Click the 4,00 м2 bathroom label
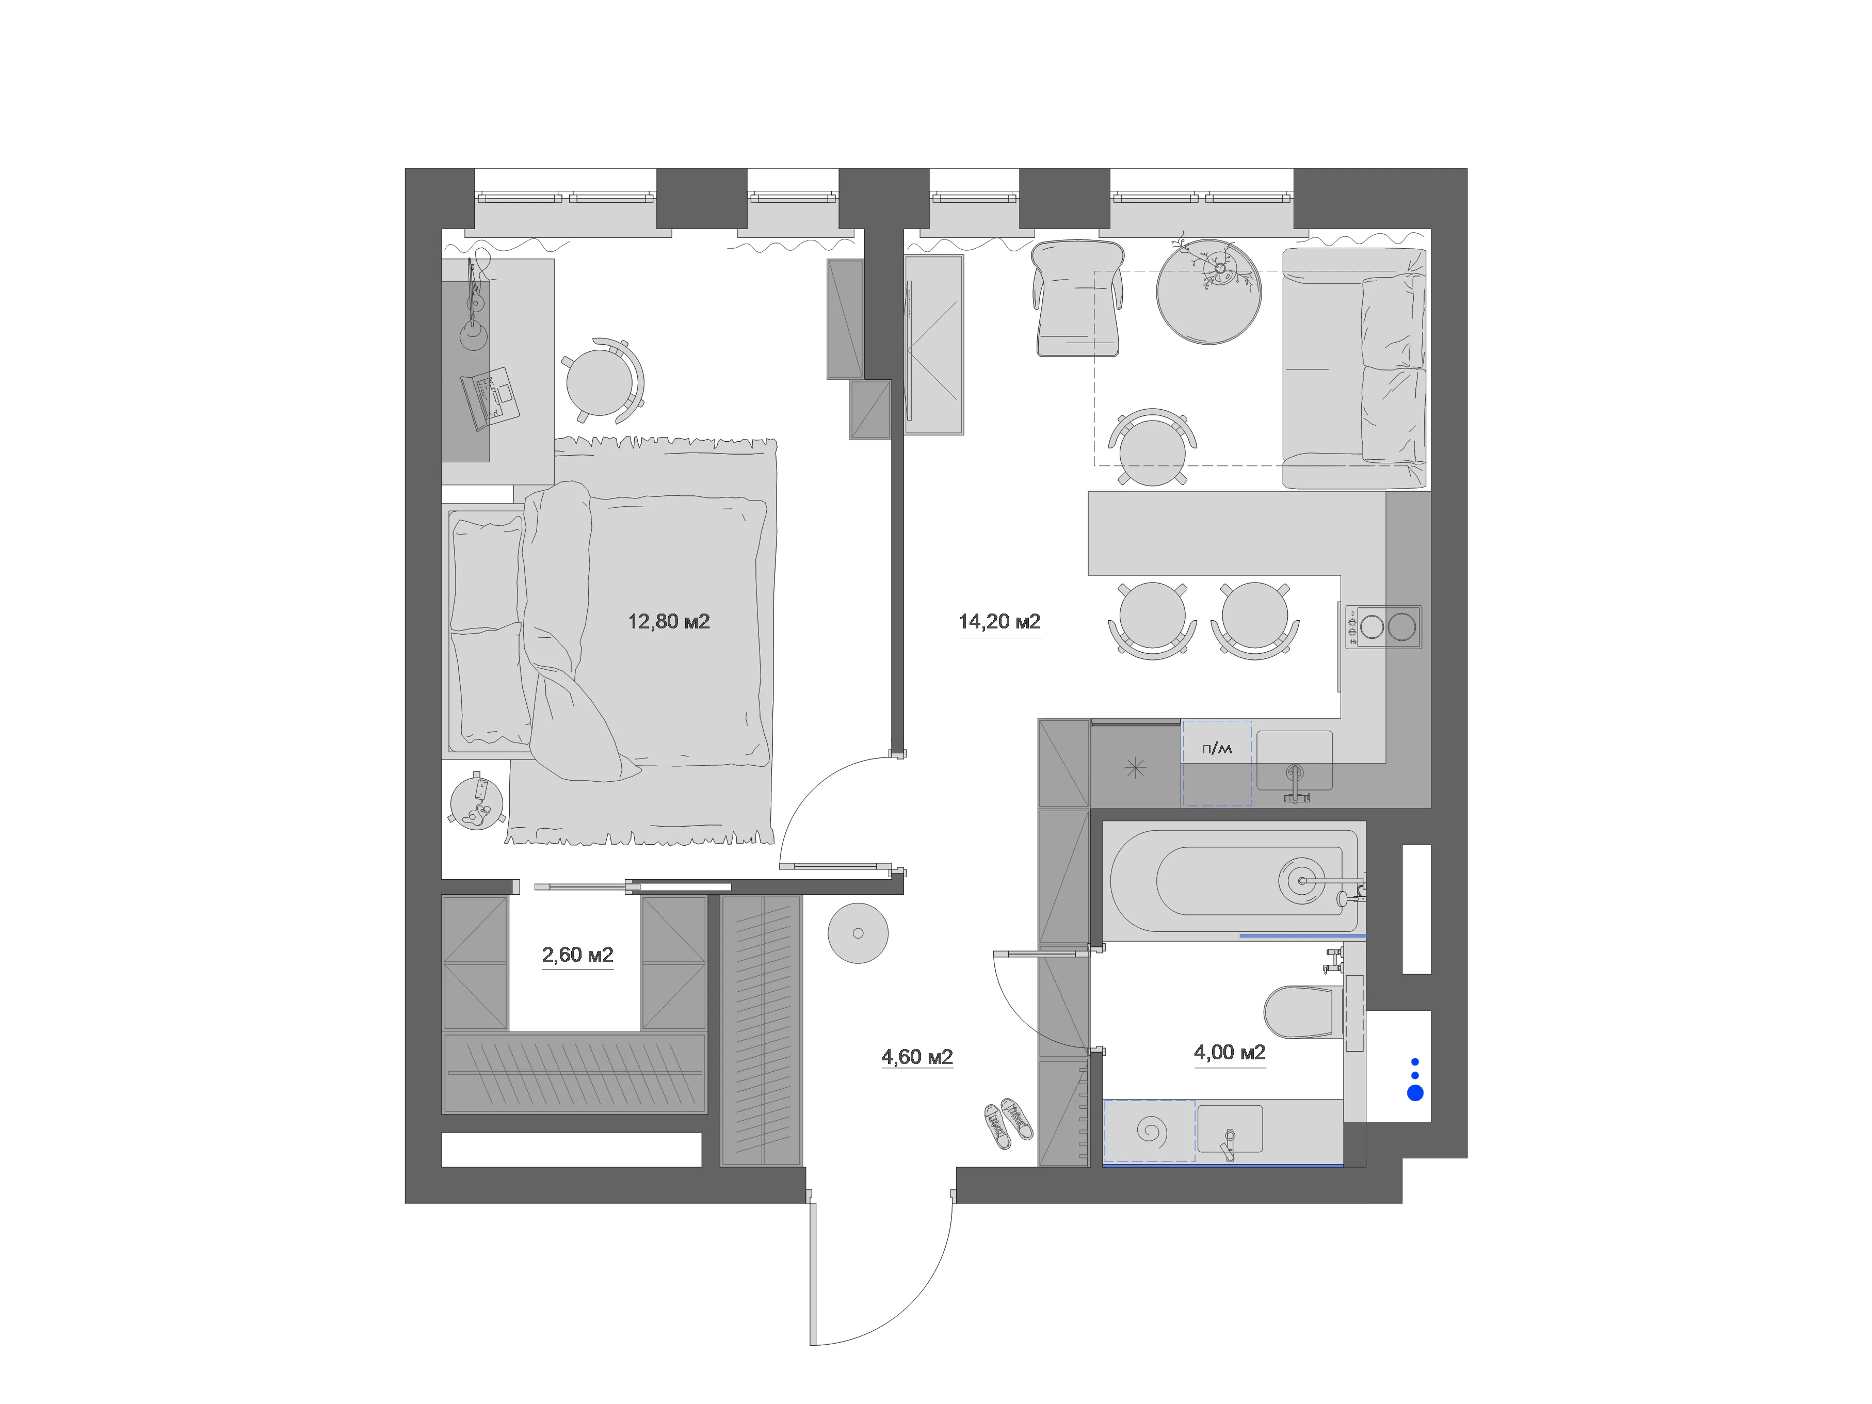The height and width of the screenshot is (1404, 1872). (1230, 1052)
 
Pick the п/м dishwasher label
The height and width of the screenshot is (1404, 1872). (1217, 748)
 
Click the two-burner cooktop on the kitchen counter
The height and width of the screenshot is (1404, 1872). (1384, 626)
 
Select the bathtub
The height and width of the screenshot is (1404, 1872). (1234, 881)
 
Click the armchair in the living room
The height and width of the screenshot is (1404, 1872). (1077, 298)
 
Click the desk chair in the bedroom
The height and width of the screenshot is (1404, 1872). (603, 381)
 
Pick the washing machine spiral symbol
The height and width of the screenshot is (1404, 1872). (1150, 1131)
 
